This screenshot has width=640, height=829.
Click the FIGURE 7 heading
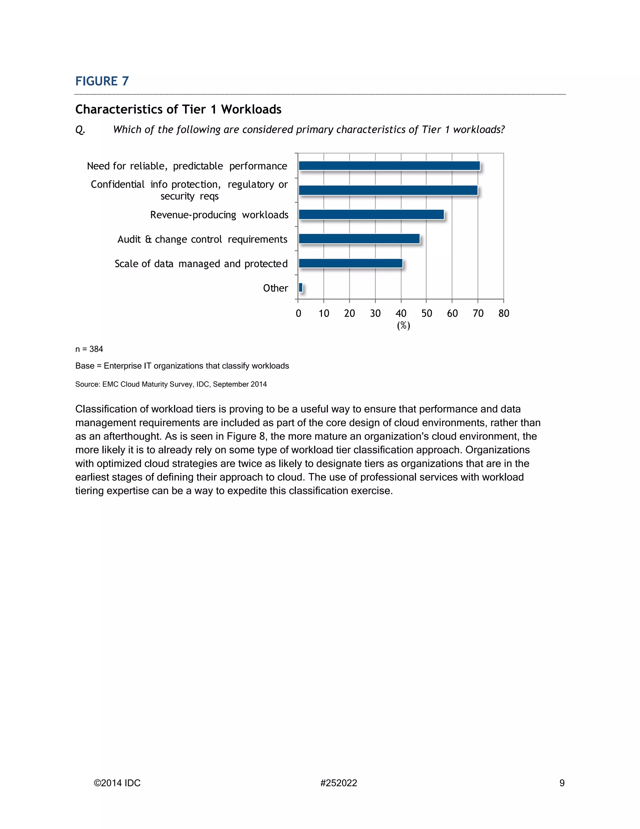102,81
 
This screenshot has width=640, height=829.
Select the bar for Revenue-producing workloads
371,215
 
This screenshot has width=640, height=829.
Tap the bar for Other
301,288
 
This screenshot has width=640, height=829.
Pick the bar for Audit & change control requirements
359,239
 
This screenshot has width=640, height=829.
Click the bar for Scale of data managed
350,263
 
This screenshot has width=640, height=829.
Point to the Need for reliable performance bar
389,166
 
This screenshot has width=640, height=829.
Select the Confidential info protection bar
388,190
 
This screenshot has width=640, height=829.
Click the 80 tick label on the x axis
503,313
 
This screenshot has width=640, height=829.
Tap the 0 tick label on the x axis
298,313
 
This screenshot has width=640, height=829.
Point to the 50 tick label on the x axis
427,313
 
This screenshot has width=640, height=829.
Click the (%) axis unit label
403,326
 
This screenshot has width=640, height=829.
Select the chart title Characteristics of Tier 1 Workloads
178,109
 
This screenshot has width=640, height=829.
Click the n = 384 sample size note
89,349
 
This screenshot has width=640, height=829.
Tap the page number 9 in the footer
562,783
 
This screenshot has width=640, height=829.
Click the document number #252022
338,783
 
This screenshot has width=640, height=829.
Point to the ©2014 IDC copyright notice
117,783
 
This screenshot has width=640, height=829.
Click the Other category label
275,288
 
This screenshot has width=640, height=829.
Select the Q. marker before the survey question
80,130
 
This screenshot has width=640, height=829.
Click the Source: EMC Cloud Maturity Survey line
171,384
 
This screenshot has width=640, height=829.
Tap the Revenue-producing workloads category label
219,215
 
